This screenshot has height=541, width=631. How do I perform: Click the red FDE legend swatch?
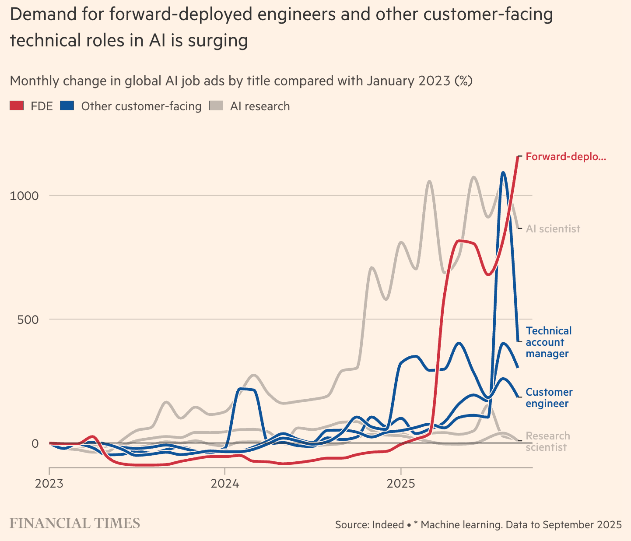tap(17, 105)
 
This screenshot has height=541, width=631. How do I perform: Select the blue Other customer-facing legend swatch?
tap(67, 105)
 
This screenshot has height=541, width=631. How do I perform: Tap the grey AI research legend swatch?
tap(216, 105)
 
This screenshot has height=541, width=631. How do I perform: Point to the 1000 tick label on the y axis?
tap(24, 195)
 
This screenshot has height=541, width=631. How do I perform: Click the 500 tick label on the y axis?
tap(28, 319)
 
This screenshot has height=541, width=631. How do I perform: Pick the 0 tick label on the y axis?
tap(35, 443)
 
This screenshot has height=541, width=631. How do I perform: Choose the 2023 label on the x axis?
tap(49, 484)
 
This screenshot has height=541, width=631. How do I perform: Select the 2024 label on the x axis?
tap(225, 484)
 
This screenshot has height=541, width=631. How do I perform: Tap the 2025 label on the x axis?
tap(400, 484)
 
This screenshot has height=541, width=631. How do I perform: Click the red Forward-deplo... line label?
tap(566, 157)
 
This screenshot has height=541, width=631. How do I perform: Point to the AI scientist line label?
tap(553, 229)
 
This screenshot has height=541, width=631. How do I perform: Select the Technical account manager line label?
tap(549, 342)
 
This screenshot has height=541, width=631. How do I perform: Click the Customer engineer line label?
tap(549, 398)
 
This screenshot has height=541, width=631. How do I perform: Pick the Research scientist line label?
tap(547, 442)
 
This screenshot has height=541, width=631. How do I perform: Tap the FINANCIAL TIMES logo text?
tap(75, 523)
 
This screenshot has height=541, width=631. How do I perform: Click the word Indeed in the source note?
tap(388, 524)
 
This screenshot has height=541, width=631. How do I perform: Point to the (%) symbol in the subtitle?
tap(463, 81)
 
